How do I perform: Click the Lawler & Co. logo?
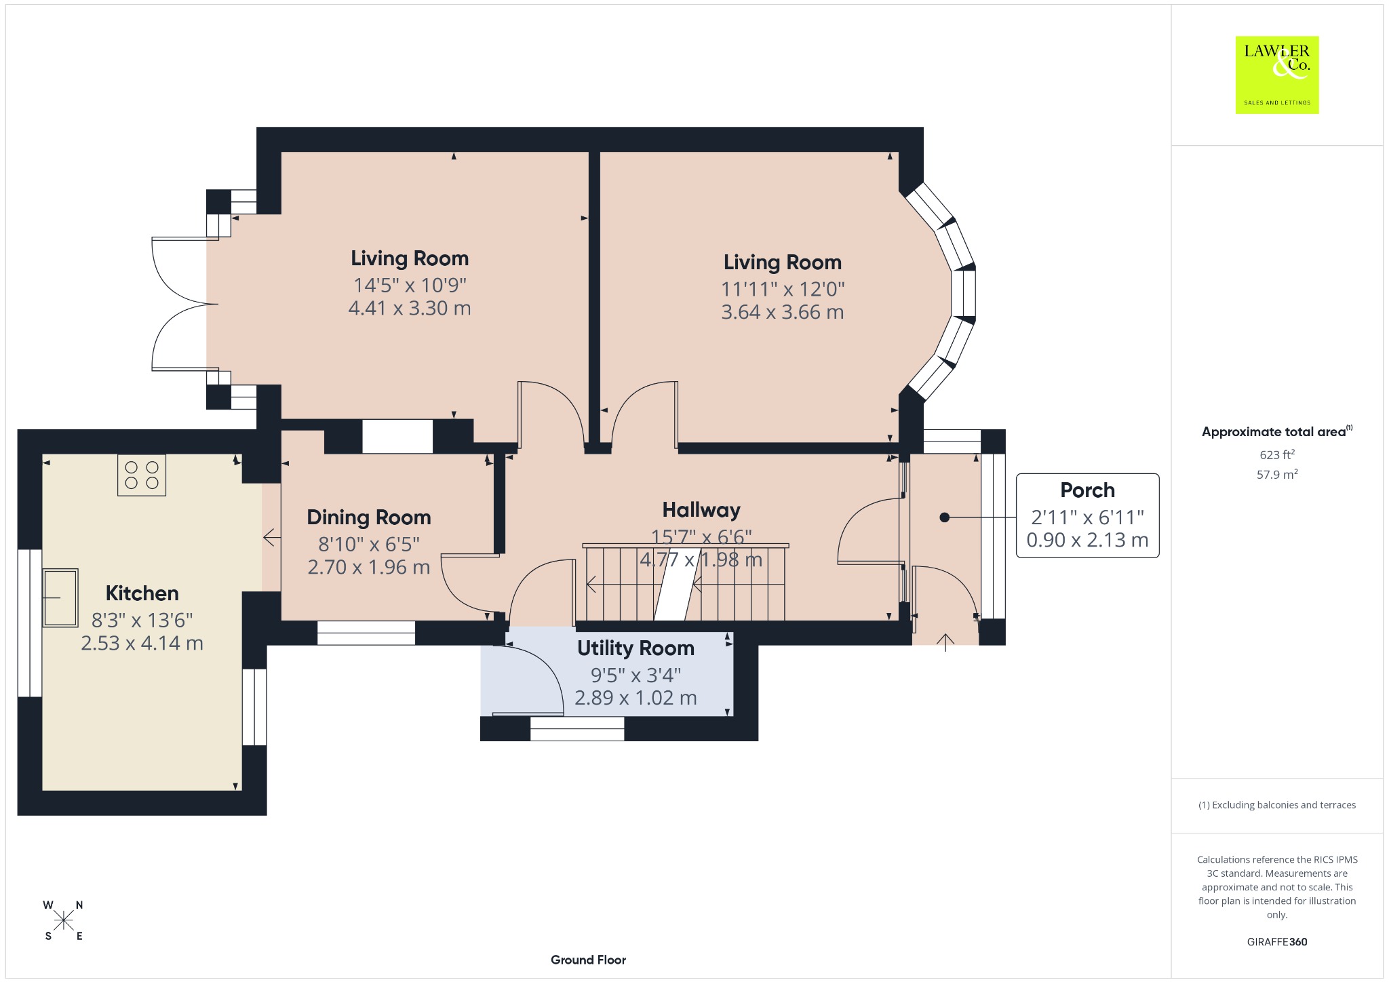click(1277, 75)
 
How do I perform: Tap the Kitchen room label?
click(142, 593)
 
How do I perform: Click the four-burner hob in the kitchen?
click(142, 475)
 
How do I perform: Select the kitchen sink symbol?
click(60, 597)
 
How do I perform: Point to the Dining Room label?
click(369, 517)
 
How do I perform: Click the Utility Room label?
click(635, 648)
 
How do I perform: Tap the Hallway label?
click(701, 510)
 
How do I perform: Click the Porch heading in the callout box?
click(1087, 490)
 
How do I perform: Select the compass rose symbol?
click(64, 920)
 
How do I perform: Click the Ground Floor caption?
click(588, 960)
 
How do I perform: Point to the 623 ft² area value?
click(1276, 454)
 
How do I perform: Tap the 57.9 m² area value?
click(1277, 474)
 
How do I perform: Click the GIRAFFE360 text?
click(1277, 941)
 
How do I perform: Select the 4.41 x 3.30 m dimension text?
click(410, 309)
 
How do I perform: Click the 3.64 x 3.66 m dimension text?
click(783, 313)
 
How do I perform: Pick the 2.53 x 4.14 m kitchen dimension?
click(142, 643)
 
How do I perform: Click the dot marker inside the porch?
click(944, 517)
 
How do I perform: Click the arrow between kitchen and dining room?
click(272, 538)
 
